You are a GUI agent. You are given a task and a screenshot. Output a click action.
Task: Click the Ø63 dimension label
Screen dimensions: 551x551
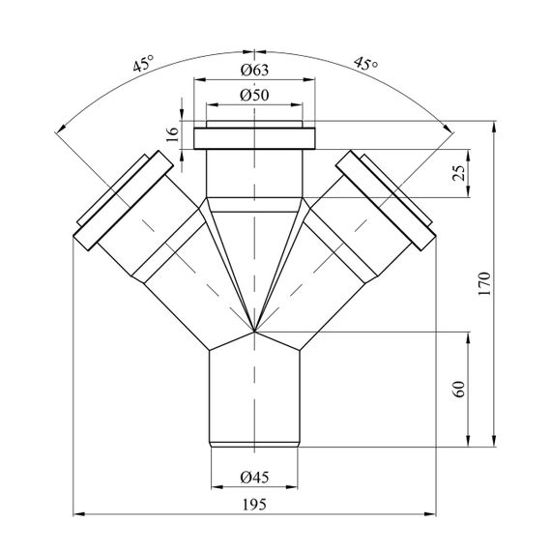pyautogui.click(x=255, y=70)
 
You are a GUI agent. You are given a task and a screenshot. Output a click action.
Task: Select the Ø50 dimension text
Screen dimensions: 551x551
pyautogui.click(x=255, y=95)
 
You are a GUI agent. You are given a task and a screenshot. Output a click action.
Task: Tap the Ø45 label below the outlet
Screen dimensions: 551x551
pyautogui.click(x=255, y=478)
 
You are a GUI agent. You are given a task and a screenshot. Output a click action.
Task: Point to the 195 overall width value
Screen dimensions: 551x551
pyautogui.click(x=255, y=505)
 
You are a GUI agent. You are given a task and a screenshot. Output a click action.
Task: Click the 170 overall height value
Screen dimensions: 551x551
pyautogui.click(x=484, y=284)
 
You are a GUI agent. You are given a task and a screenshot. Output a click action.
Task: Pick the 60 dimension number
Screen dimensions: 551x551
pyautogui.click(x=459, y=389)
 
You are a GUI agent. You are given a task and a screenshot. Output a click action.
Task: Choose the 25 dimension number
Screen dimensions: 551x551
pyautogui.click(x=459, y=172)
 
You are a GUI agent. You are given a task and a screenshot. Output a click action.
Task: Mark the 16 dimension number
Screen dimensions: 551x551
pyautogui.click(x=172, y=134)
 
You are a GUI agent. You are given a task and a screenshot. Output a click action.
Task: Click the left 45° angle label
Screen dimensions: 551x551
pyautogui.click(x=143, y=63)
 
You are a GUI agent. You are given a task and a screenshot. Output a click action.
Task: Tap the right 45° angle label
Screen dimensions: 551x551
pyautogui.click(x=365, y=64)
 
